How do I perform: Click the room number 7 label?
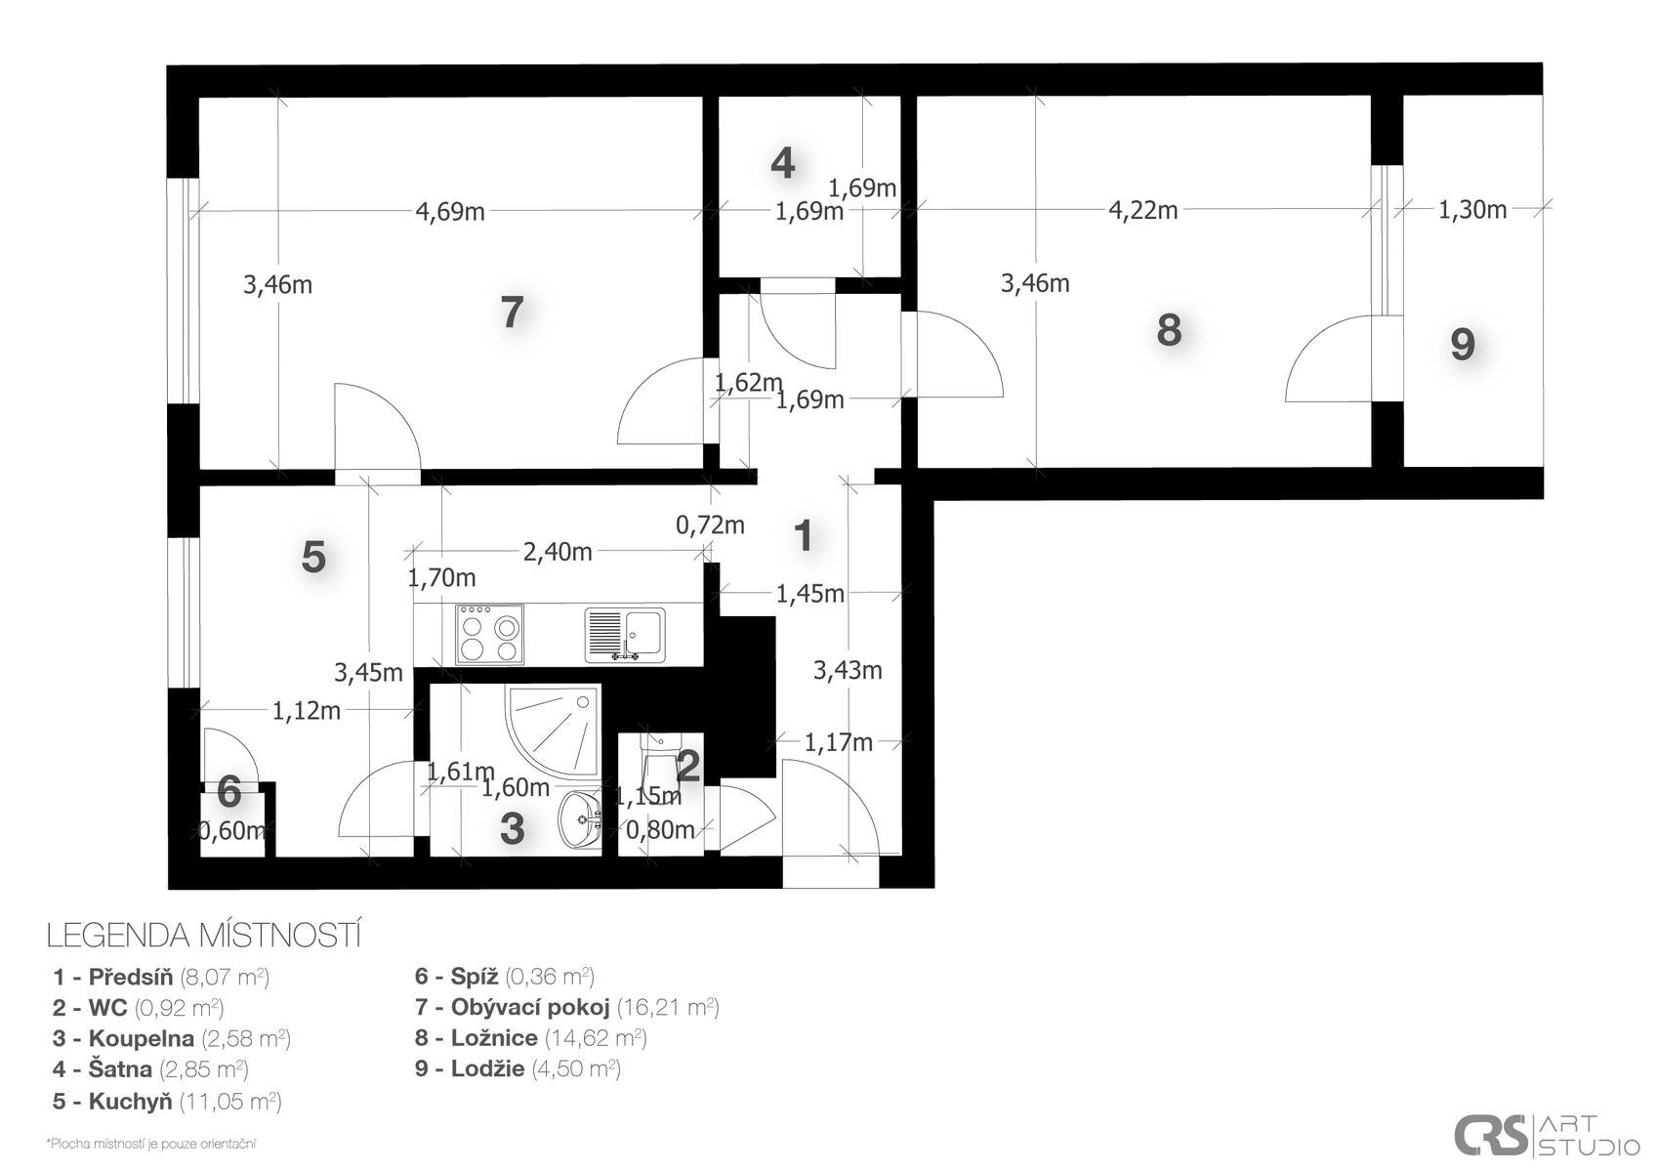(x=512, y=313)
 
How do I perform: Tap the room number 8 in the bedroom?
(x=1169, y=330)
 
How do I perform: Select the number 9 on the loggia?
(x=1463, y=345)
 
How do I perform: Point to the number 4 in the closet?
(x=783, y=163)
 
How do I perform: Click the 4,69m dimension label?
(x=450, y=212)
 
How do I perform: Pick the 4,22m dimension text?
(x=1142, y=211)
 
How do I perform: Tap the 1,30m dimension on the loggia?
(x=1472, y=210)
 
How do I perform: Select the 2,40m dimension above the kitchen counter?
(x=557, y=552)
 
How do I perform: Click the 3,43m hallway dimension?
(x=848, y=670)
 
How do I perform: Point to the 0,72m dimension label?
(x=710, y=525)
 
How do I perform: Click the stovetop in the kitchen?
(x=490, y=634)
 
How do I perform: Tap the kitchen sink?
(x=625, y=634)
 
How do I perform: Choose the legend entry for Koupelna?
(x=172, y=1039)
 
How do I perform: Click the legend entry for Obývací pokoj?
(x=566, y=1008)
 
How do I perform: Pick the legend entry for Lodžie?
(x=518, y=1069)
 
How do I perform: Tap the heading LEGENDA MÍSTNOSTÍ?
(x=204, y=936)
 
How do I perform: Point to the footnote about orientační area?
(x=151, y=1144)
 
